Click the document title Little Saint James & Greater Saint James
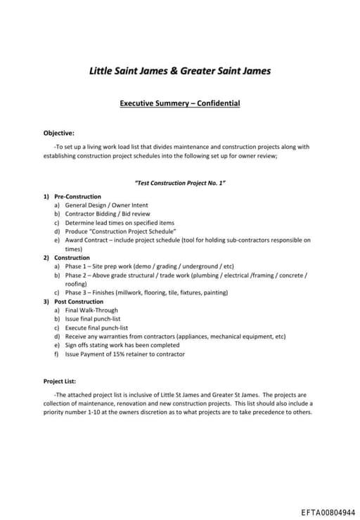(x=179, y=70)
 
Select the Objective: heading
(x=58, y=132)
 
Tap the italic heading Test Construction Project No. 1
(x=179, y=183)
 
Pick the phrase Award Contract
(x=88, y=240)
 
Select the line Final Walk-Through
(x=91, y=310)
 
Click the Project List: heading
(x=60, y=382)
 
